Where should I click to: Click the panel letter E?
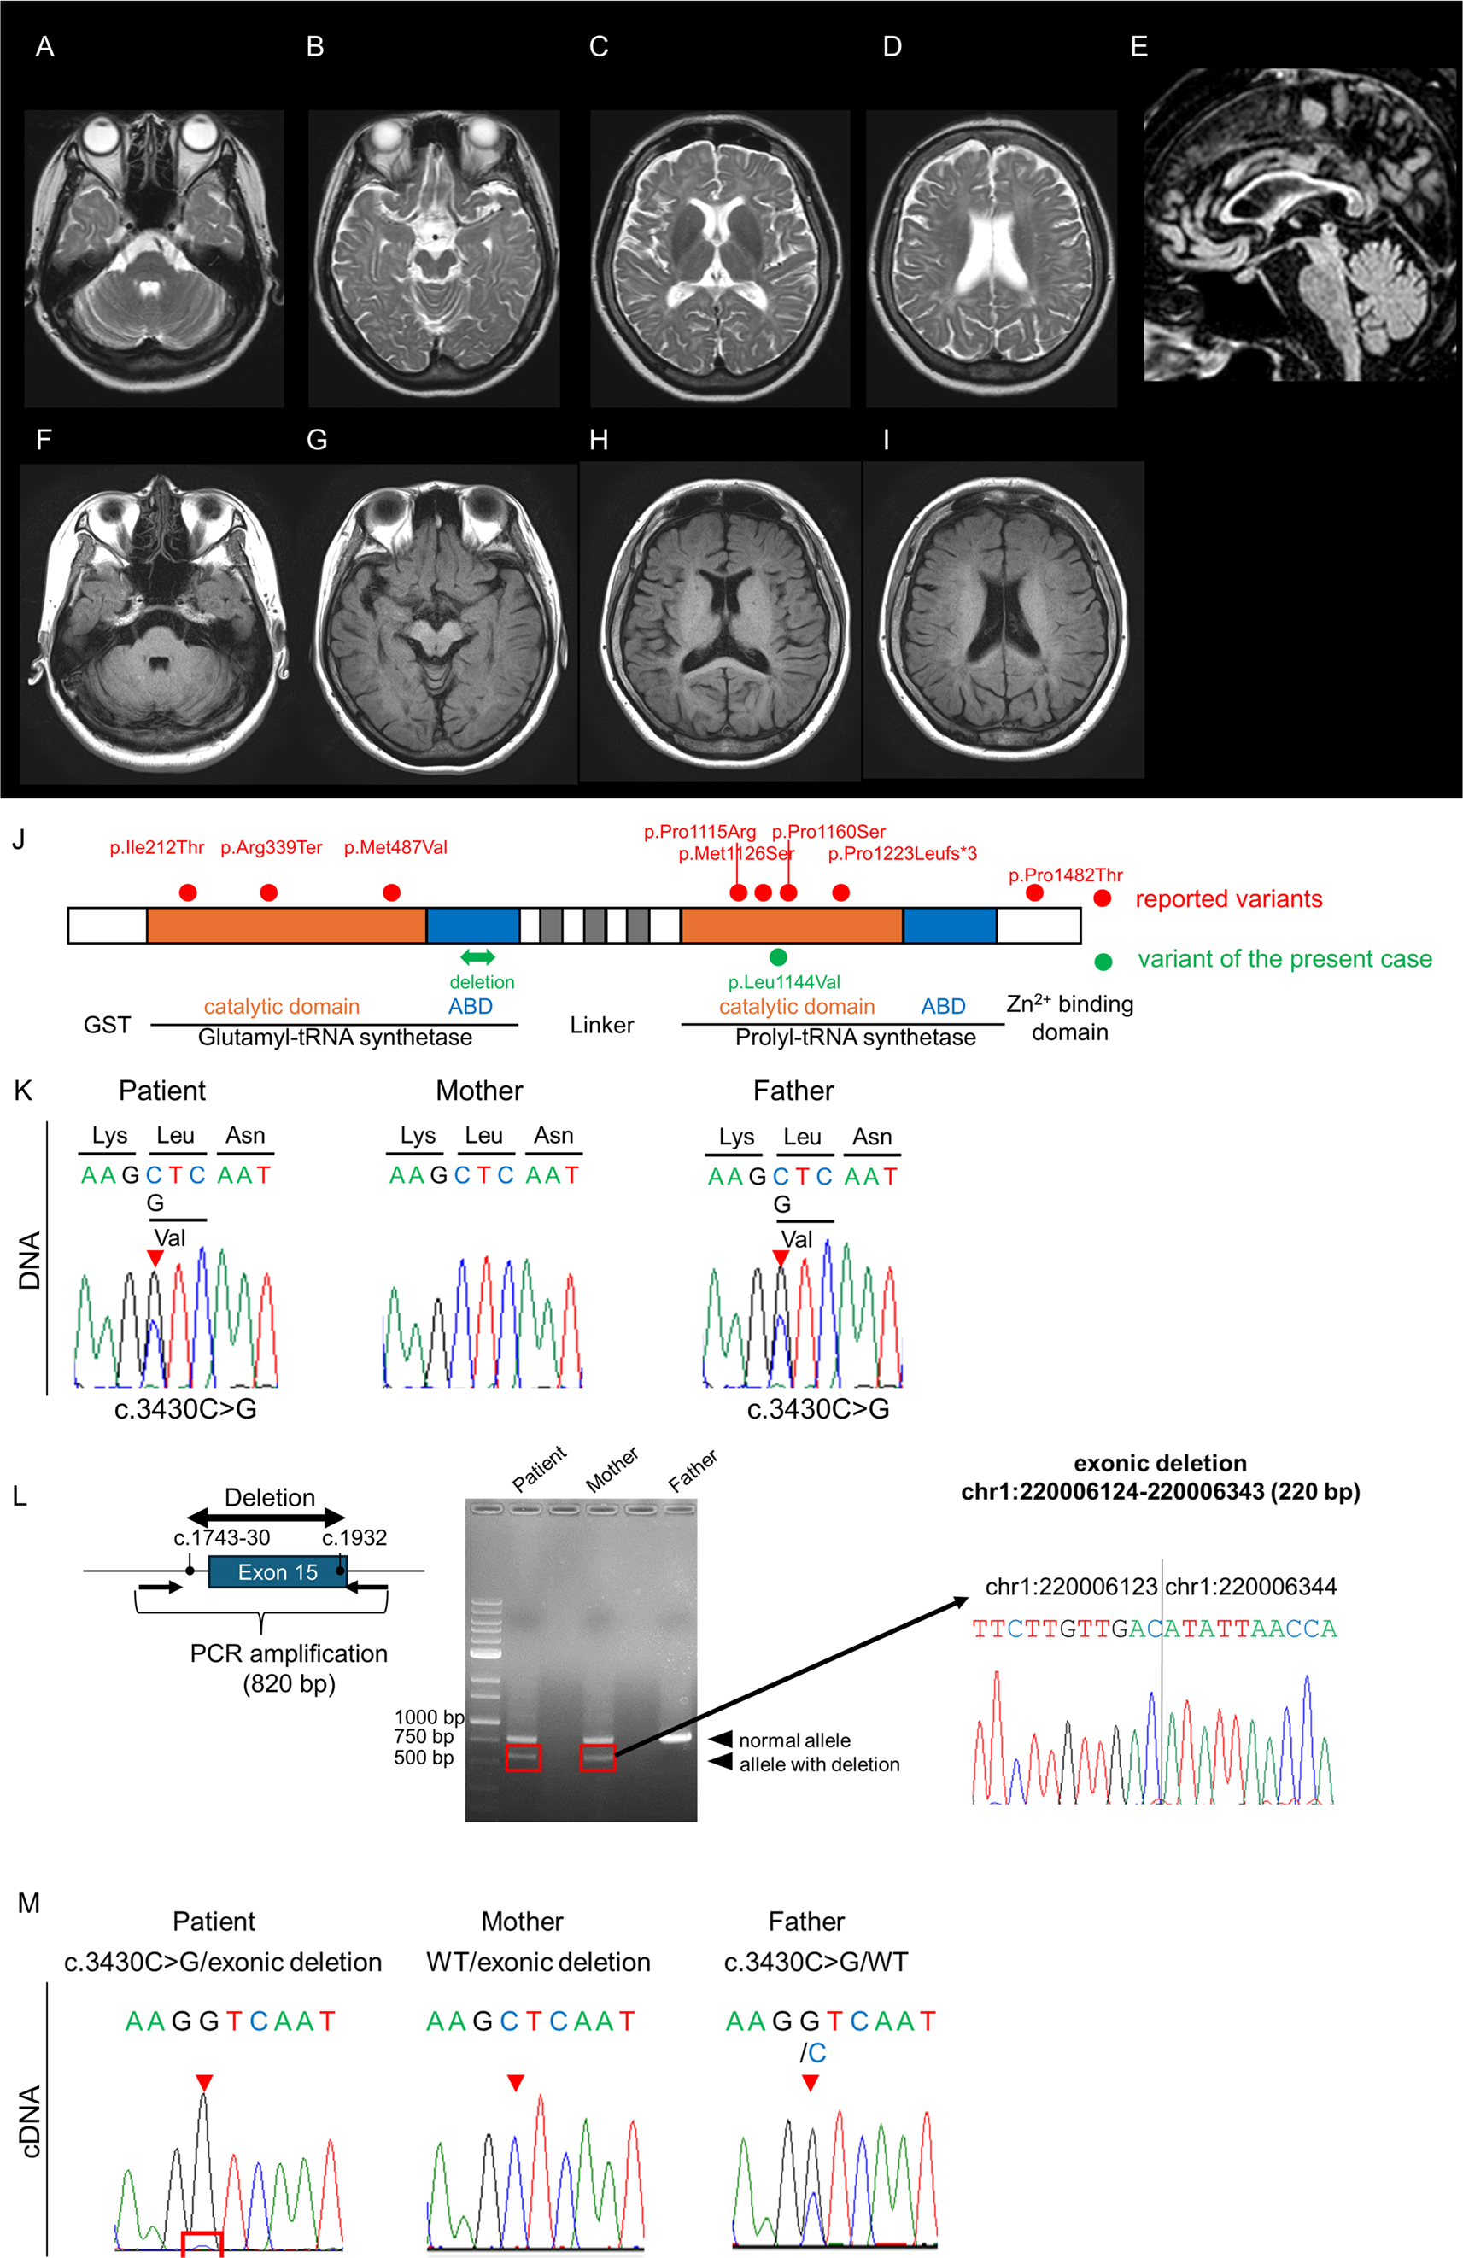point(1138,46)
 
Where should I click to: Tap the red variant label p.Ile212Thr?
point(156,847)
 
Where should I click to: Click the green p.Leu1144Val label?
point(784,982)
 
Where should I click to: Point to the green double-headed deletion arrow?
point(477,957)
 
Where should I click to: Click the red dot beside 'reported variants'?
point(1102,898)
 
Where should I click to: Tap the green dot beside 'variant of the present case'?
point(1103,961)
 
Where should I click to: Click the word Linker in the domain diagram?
point(601,1025)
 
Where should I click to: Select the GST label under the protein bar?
point(106,1025)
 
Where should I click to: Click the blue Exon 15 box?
point(277,1572)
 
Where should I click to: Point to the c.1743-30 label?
point(222,1538)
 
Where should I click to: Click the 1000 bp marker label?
point(429,1717)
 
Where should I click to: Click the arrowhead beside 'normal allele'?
point(721,1739)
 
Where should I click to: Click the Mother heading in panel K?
point(479,1091)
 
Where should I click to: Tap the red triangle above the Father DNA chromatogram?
point(780,1257)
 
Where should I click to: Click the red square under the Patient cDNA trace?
point(202,2243)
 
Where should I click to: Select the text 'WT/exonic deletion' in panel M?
point(538,1962)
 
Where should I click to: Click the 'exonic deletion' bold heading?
point(1160,1463)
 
